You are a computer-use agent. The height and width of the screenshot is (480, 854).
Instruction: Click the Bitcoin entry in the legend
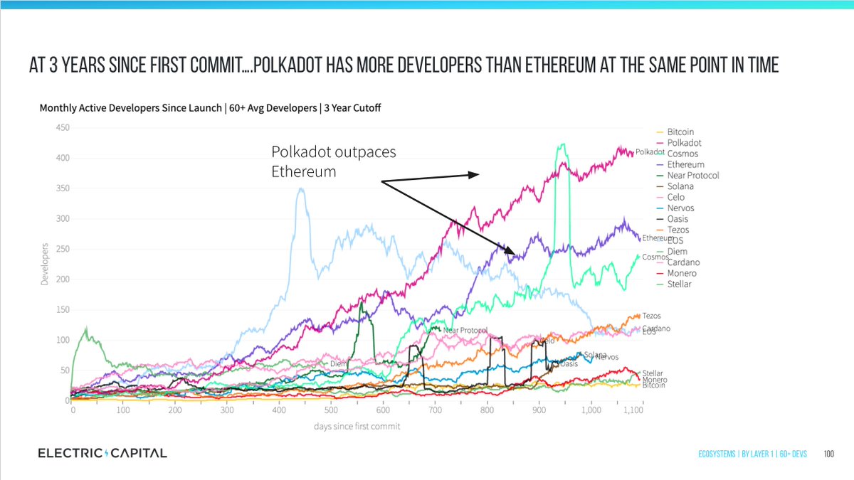(x=680, y=132)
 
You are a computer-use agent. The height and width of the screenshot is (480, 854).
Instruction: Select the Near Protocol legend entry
(x=693, y=176)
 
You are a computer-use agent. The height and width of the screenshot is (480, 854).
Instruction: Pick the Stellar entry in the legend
(x=679, y=284)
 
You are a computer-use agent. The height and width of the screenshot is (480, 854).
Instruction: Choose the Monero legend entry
(x=682, y=274)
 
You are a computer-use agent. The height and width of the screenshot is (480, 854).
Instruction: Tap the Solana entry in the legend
(x=680, y=186)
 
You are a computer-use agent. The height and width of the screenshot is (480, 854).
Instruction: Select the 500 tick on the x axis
(x=332, y=411)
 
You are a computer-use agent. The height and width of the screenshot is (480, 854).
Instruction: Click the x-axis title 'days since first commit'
(x=357, y=426)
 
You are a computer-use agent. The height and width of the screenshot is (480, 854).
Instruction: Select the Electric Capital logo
(x=102, y=453)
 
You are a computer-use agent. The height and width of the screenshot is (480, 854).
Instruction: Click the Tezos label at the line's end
(x=651, y=316)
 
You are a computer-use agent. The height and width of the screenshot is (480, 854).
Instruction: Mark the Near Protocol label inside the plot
(x=465, y=331)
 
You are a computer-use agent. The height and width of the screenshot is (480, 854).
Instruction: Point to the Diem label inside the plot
(x=338, y=363)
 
